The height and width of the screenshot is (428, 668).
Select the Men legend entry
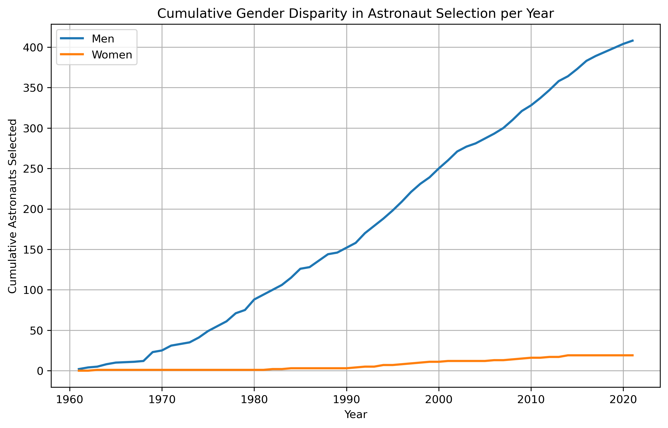103,39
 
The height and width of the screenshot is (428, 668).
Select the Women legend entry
112,55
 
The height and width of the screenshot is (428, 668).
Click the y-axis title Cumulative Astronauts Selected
13,206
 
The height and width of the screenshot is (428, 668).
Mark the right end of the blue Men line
633,41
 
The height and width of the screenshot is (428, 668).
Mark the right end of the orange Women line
633,355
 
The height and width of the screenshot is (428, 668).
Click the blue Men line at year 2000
439,168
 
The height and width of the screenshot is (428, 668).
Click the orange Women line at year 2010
531,358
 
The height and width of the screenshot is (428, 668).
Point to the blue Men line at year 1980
254,299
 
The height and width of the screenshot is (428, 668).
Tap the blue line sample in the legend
72,39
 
